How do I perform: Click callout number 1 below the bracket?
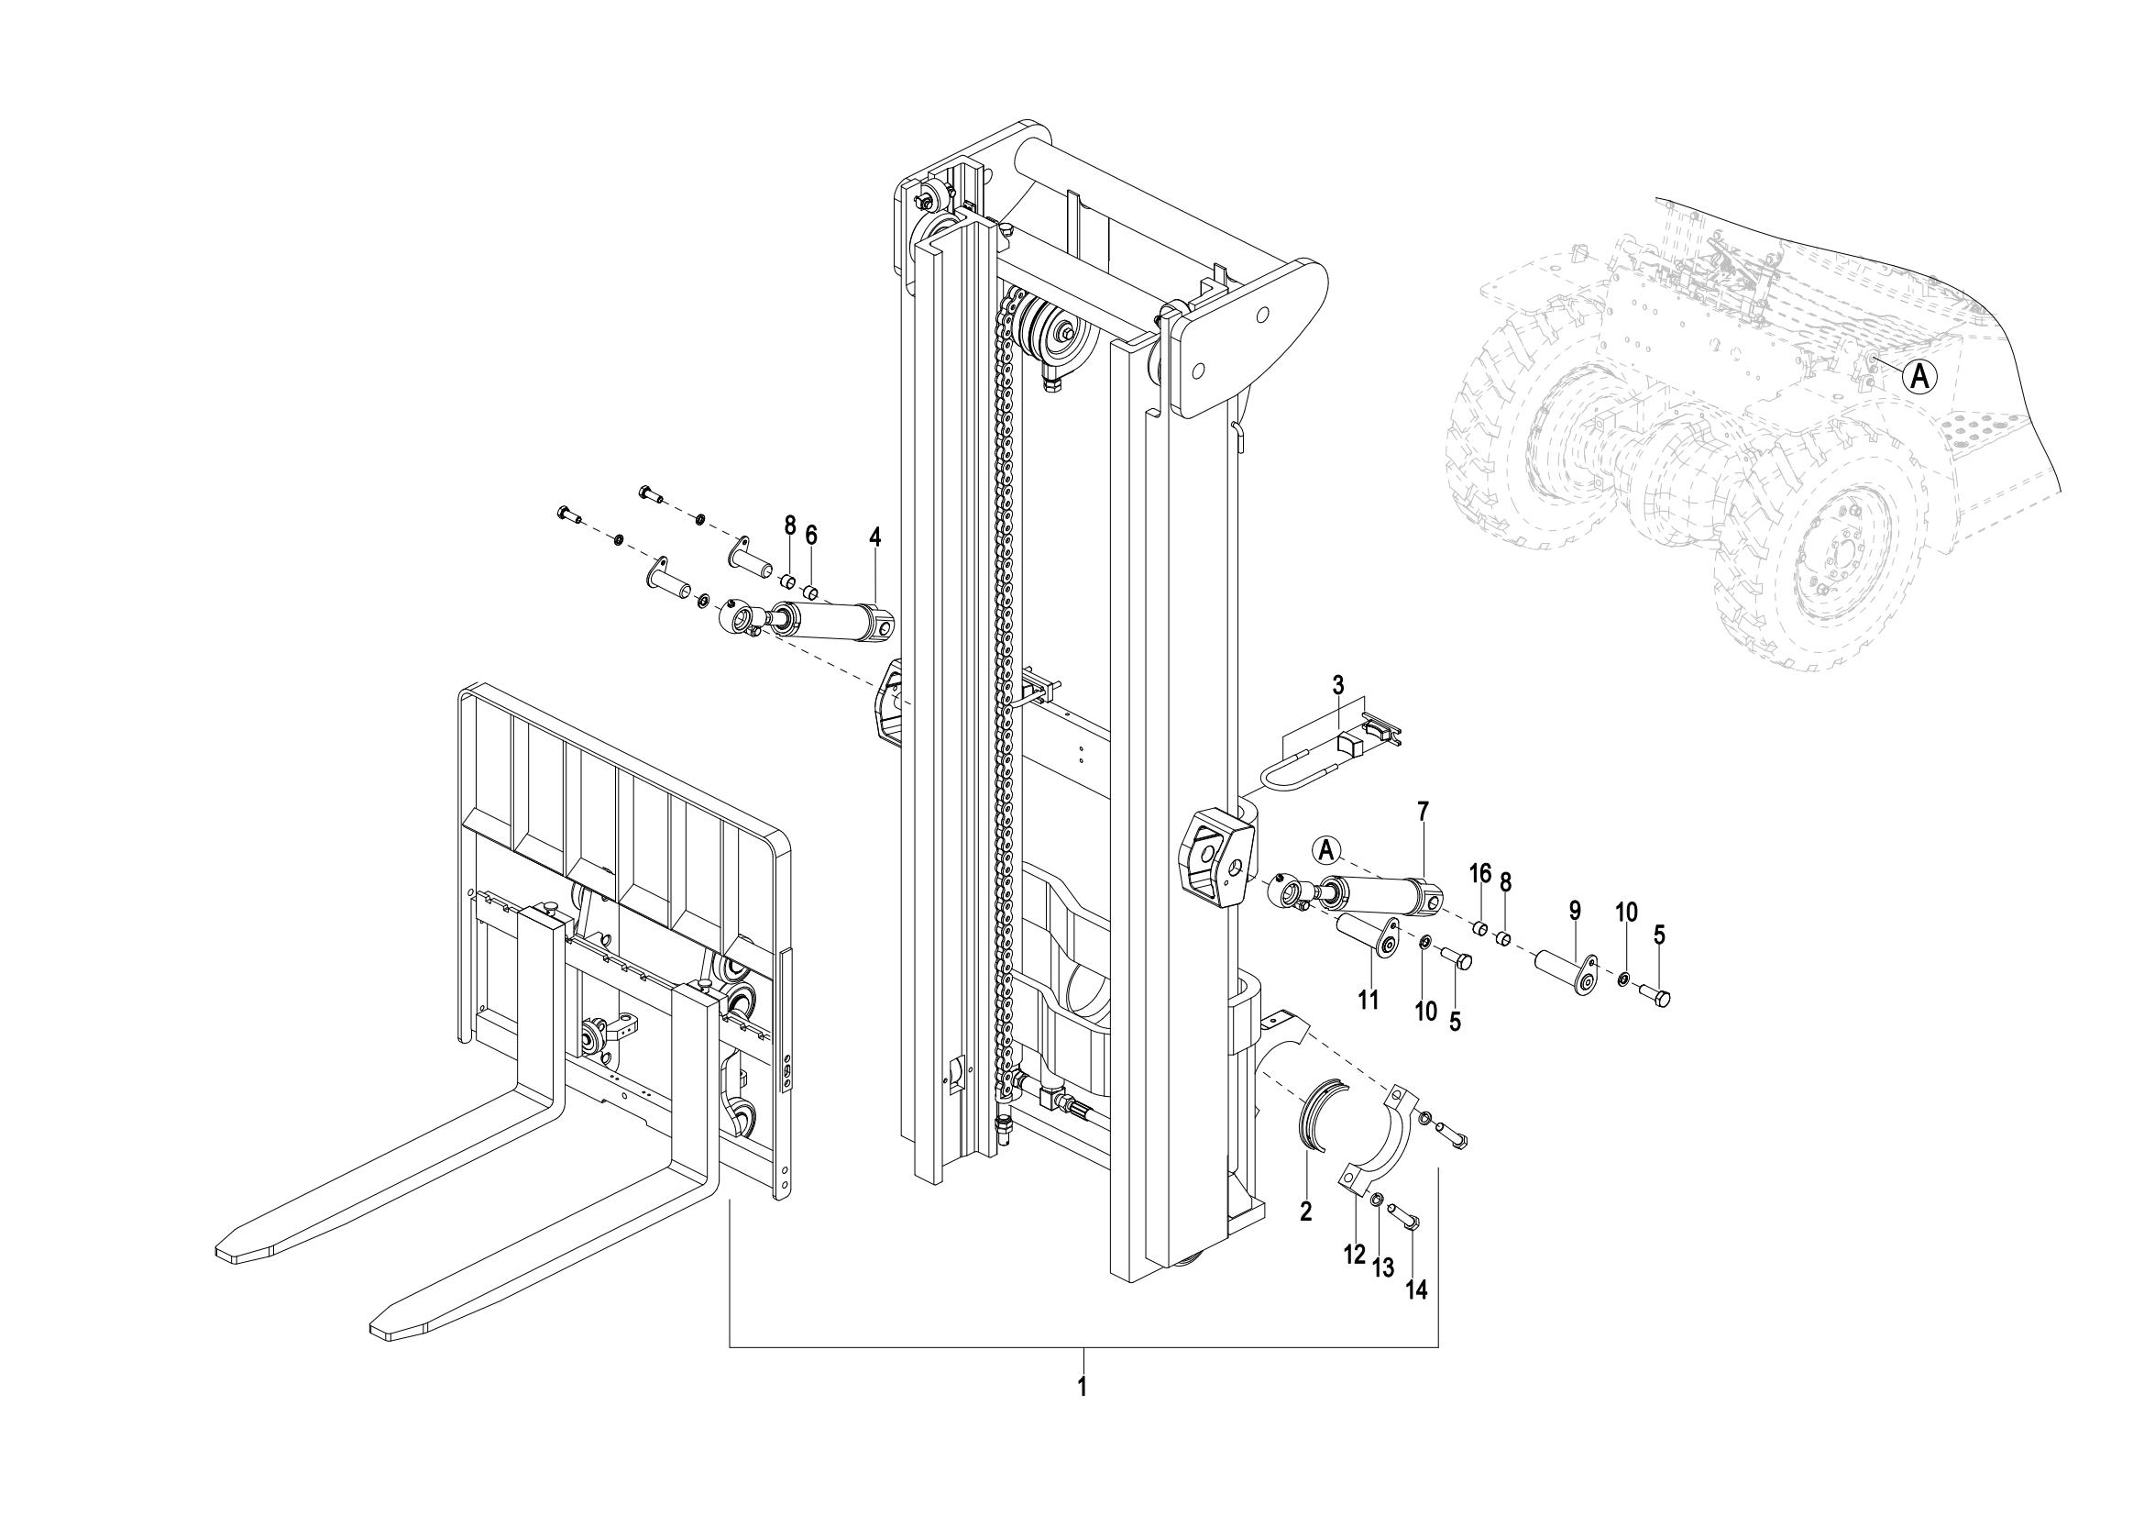[1083, 1385]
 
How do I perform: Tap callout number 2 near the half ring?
[1305, 1212]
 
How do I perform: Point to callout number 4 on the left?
[875, 537]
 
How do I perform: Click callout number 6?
[811, 536]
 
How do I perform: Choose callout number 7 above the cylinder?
[1424, 812]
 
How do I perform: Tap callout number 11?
[1368, 1001]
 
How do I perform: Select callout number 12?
[1355, 1255]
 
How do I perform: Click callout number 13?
[1383, 1267]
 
